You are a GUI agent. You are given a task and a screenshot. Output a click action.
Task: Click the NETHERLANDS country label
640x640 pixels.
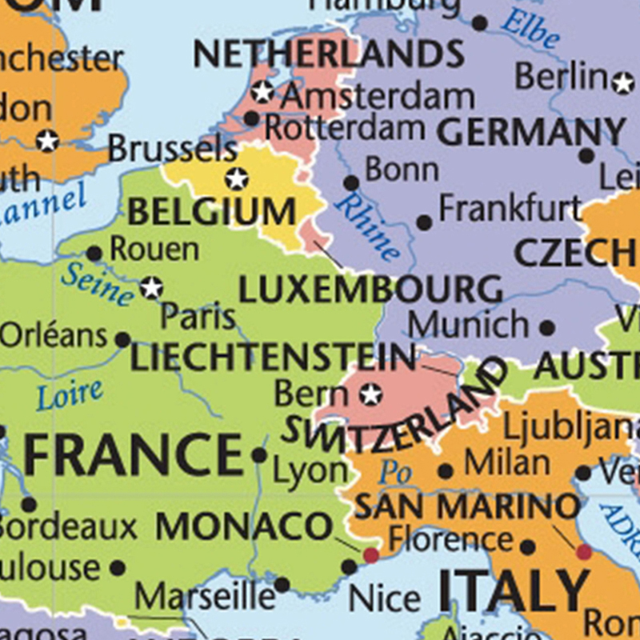click(x=328, y=54)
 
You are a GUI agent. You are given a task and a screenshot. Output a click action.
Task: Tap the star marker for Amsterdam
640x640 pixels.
click(x=262, y=93)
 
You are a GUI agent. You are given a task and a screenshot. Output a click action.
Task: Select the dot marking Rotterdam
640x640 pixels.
click(x=251, y=119)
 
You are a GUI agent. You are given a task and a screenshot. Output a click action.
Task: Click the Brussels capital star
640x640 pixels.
click(x=236, y=178)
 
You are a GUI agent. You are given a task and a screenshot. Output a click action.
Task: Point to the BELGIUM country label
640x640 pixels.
click(x=211, y=213)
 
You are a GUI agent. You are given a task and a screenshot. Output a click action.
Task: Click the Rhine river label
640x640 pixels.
click(x=367, y=227)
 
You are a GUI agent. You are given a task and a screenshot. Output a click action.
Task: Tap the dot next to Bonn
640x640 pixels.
click(x=350, y=183)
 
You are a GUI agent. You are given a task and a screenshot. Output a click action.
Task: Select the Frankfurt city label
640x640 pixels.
click(x=510, y=210)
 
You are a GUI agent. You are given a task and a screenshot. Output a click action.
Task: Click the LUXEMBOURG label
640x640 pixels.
click(x=370, y=290)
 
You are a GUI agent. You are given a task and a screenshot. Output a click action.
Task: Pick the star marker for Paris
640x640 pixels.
click(x=151, y=287)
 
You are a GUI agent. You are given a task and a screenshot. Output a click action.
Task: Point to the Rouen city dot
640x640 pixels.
click(x=94, y=254)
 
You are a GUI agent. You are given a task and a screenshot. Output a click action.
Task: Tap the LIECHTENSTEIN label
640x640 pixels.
click(x=273, y=358)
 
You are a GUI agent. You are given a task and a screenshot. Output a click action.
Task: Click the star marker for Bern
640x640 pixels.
click(x=370, y=394)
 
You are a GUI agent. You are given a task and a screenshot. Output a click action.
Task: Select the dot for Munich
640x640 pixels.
click(x=547, y=327)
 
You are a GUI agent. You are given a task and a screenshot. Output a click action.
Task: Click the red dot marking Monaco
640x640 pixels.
click(x=370, y=554)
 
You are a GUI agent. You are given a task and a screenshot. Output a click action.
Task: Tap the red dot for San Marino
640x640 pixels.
click(x=584, y=551)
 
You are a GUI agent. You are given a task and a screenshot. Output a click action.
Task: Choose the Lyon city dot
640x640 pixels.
click(x=259, y=455)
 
